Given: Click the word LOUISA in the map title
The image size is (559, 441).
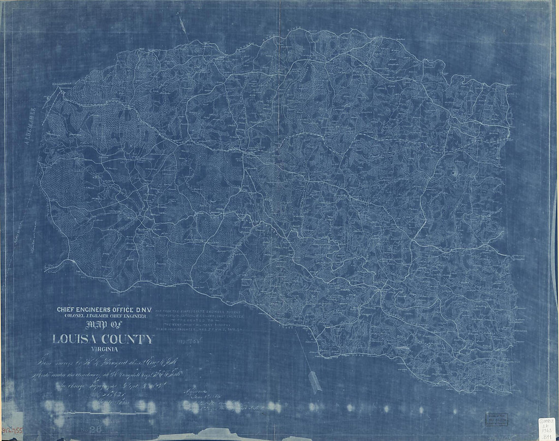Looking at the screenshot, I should (x=77, y=339).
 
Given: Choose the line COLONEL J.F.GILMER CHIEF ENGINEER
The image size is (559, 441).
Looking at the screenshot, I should (x=102, y=316).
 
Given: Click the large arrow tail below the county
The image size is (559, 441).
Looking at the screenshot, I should (x=315, y=382).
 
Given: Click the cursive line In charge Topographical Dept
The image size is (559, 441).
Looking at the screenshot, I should (x=102, y=385).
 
